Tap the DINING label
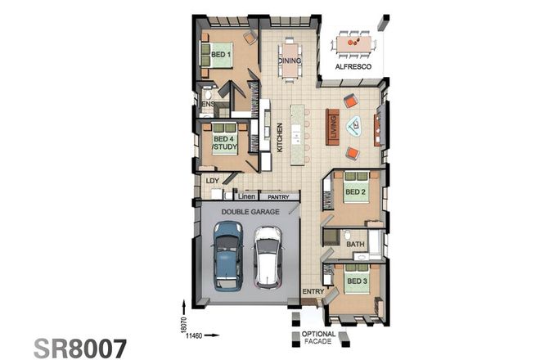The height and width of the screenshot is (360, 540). (x=290, y=61)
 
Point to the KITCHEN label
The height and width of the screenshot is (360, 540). (x=280, y=137)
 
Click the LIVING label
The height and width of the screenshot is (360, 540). (x=333, y=127)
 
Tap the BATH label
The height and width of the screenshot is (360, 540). (x=355, y=244)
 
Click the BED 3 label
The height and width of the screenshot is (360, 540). (x=357, y=281)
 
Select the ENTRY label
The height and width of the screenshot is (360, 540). (x=313, y=291)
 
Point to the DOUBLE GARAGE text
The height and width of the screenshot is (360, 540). (x=245, y=211)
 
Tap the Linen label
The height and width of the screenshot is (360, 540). (x=245, y=197)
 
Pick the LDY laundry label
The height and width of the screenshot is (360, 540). (x=212, y=179)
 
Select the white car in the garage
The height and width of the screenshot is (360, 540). (x=267, y=257)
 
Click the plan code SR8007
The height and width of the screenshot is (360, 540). (x=80, y=346)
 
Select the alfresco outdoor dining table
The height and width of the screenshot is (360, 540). (x=353, y=40)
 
